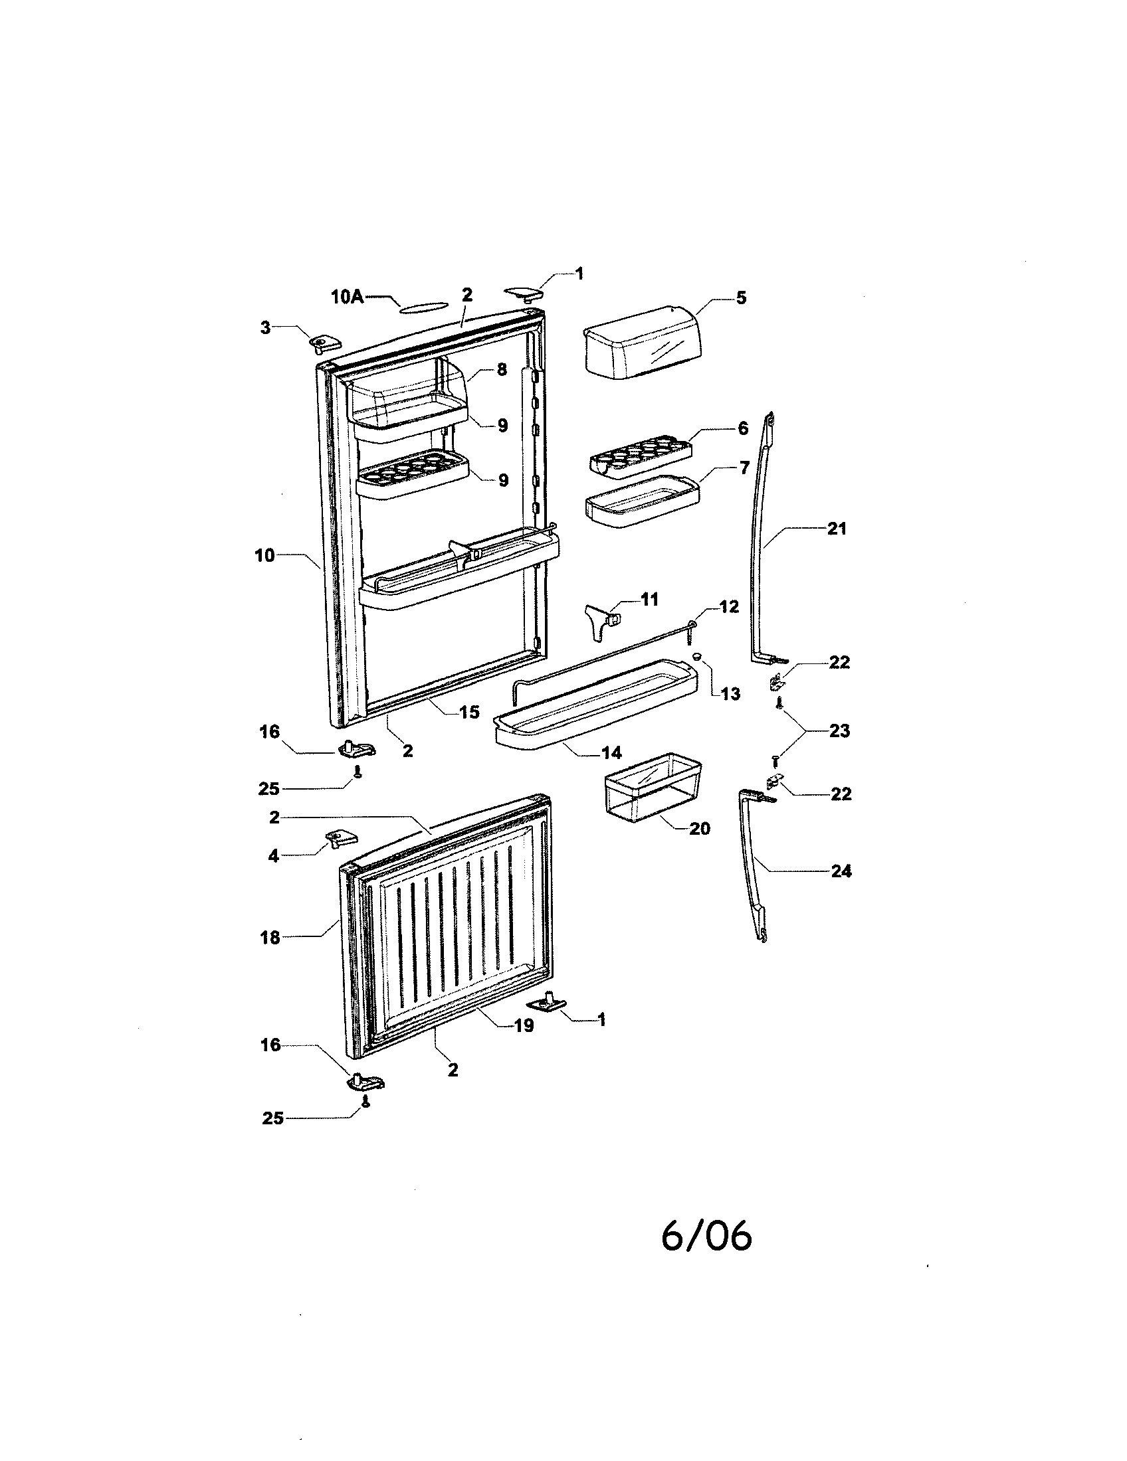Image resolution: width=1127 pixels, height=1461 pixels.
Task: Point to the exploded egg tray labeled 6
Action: click(x=639, y=456)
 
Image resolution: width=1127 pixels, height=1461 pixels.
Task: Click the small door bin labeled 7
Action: click(x=641, y=500)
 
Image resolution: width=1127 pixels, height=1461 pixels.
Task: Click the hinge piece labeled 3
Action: click(x=324, y=343)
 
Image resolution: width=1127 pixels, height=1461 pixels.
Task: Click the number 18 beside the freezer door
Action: click(x=270, y=938)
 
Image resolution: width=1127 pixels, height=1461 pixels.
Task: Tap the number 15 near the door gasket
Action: click(x=469, y=712)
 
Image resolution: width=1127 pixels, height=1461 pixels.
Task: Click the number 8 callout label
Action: click(x=502, y=369)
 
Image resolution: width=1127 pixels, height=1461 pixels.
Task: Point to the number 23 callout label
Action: click(x=839, y=730)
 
